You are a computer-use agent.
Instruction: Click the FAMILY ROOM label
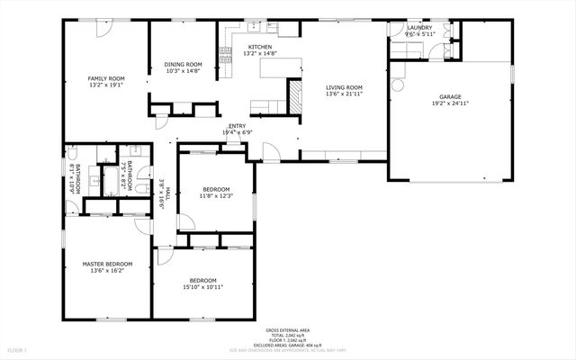tap(105, 79)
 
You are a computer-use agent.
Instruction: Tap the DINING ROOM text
tap(183, 65)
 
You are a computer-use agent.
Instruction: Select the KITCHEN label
tap(260, 47)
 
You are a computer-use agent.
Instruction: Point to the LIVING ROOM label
tap(343, 87)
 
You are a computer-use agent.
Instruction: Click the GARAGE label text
tap(450, 96)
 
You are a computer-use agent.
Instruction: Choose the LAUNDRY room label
tap(419, 28)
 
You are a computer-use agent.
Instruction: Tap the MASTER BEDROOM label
tap(107, 264)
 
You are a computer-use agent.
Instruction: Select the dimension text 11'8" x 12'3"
tap(216, 195)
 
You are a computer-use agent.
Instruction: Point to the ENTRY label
tap(238, 126)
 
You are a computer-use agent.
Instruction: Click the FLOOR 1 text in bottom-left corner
tap(18, 348)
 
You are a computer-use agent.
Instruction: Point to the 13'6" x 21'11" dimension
tap(343, 94)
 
